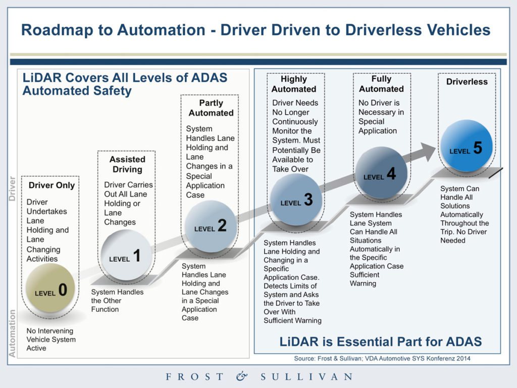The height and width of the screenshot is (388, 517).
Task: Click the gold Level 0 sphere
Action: [50, 288]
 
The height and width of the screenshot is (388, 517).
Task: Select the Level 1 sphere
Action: [126, 255]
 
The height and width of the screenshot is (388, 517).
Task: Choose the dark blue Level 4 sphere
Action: [381, 173]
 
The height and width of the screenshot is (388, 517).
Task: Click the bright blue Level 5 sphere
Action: [467, 146]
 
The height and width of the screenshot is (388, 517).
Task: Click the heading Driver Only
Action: [51, 185]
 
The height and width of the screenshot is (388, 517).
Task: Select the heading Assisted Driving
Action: [127, 164]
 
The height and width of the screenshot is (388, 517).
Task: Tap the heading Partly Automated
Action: [211, 108]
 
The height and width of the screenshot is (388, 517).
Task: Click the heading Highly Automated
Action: [294, 84]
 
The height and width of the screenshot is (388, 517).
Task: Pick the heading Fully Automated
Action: [381, 84]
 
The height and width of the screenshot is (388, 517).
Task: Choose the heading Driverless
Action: [467, 81]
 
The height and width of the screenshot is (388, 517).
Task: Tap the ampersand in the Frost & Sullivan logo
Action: [242, 376]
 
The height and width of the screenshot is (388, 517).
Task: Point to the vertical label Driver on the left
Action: [13, 189]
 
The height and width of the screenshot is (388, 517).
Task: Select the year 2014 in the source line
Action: [464, 359]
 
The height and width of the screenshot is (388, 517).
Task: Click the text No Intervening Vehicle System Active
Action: [51, 339]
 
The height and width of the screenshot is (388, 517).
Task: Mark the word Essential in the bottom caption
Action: [357, 342]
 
